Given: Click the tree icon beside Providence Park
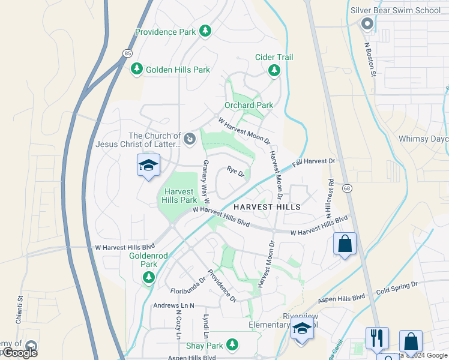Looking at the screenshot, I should (206, 30).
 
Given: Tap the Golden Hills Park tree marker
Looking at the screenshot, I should (136, 70).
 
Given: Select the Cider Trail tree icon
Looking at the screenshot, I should (274, 71).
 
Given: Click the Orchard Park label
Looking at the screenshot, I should (249, 105).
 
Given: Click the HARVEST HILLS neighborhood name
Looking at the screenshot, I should (266, 206).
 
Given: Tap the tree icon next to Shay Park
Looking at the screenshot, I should (231, 345).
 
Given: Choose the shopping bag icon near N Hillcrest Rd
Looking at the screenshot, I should (345, 244).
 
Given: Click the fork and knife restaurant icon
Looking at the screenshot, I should (376, 338).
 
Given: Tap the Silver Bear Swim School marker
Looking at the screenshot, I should (367, 23).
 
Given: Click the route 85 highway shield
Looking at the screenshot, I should (127, 53).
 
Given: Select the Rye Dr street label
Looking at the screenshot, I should (236, 172).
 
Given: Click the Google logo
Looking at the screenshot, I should (19, 352).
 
